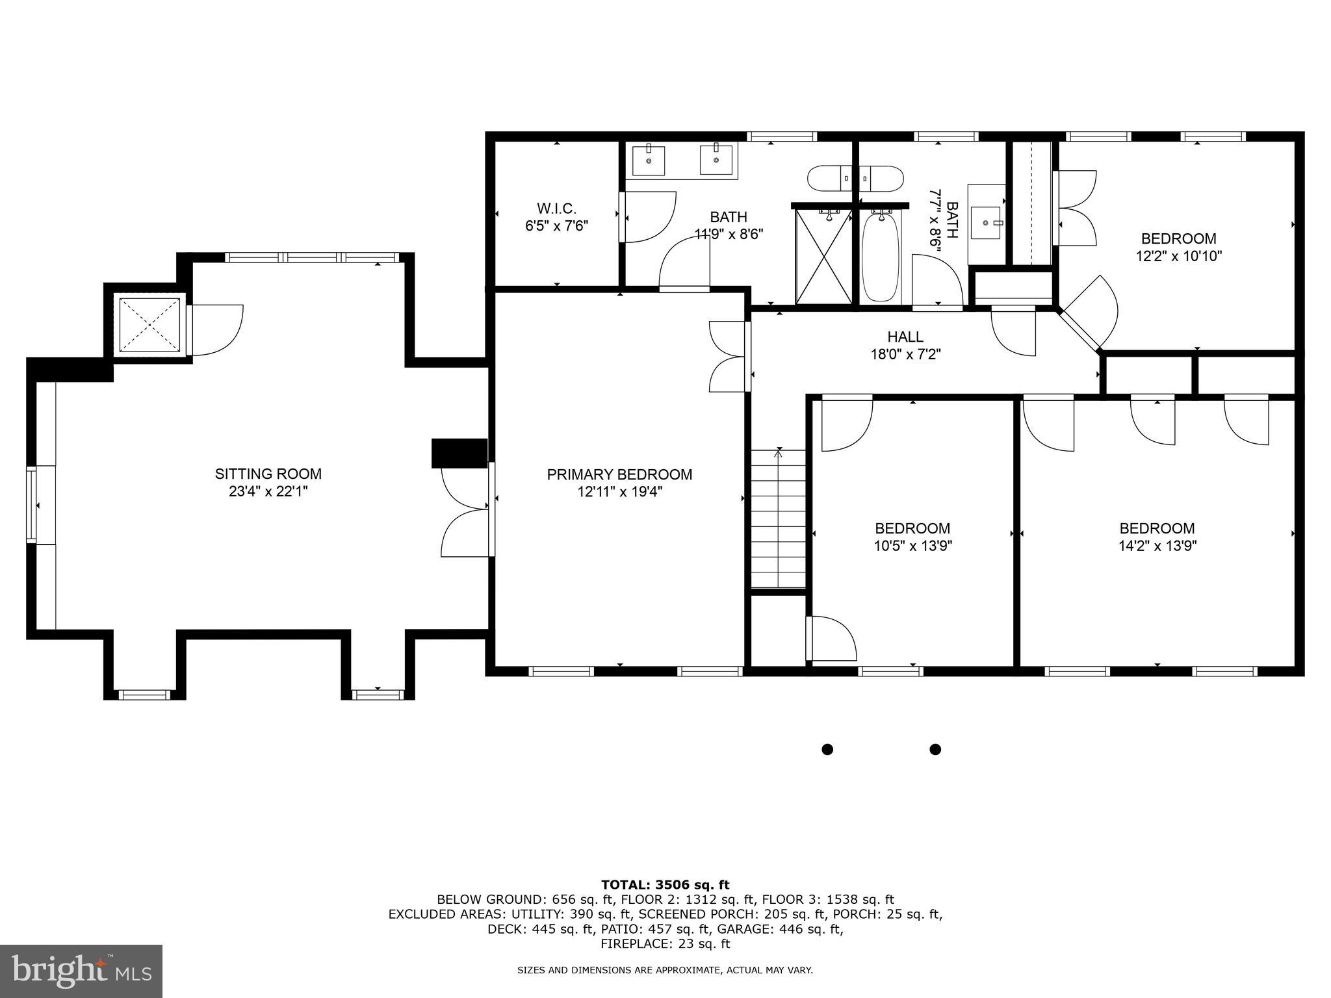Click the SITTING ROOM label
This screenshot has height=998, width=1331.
pyautogui.click(x=268, y=474)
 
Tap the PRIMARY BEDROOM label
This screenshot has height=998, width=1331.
pyautogui.click(x=619, y=475)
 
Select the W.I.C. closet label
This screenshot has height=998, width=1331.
pyautogui.click(x=556, y=209)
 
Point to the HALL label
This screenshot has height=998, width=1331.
pyautogui.click(x=905, y=337)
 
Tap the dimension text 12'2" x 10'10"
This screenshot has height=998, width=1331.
pyautogui.click(x=1178, y=257)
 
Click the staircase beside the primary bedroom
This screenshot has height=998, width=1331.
pyautogui.click(x=779, y=520)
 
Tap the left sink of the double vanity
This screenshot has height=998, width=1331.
pyautogui.click(x=649, y=160)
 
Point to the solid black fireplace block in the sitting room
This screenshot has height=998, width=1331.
pyautogui.click(x=459, y=453)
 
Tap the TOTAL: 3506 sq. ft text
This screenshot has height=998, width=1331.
pyautogui.click(x=665, y=885)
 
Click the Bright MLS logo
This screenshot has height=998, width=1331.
pyautogui.click(x=81, y=971)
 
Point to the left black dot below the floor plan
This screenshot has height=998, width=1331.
pyautogui.click(x=827, y=749)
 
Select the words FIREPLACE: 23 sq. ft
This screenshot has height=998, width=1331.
pyautogui.click(x=665, y=943)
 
